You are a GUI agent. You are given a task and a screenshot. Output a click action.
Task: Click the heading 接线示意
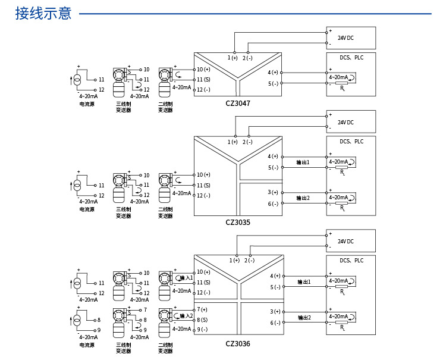(43, 13)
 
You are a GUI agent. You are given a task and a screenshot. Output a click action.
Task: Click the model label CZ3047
(238, 104)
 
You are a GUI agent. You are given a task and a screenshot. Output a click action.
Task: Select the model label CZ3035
(238, 223)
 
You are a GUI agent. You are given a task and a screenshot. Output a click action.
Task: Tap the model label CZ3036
(238, 343)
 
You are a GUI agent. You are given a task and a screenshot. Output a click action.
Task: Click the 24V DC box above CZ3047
(351, 37)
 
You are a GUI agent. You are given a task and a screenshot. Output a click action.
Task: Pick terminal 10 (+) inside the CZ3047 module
(203, 70)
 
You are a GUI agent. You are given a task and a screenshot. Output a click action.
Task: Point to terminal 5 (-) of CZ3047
(274, 83)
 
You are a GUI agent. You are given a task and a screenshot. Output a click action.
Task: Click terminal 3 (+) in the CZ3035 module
(274, 192)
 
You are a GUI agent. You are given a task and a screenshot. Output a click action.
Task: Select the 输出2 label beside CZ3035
(303, 198)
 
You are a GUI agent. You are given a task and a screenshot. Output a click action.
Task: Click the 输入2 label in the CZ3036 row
(186, 315)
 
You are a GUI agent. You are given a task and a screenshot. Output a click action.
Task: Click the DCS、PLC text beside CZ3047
(351, 58)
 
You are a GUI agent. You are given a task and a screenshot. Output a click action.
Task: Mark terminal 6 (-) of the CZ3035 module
(274, 204)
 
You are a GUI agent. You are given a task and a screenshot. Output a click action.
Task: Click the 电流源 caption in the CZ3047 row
(87, 104)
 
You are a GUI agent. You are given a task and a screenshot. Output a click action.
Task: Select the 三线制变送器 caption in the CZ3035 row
(123, 212)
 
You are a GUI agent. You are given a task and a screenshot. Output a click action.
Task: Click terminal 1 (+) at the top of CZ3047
(233, 57)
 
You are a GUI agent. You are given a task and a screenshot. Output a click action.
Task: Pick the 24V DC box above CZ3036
(351, 241)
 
